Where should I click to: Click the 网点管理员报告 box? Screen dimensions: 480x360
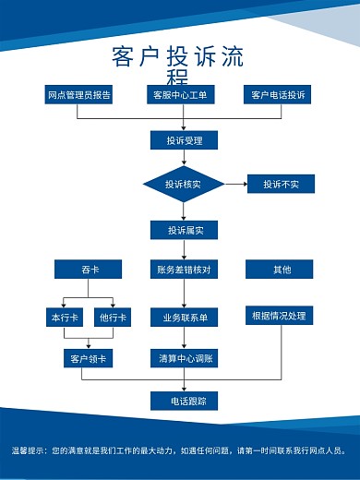click(x=79, y=95)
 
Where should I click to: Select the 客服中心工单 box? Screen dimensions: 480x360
click(x=179, y=95)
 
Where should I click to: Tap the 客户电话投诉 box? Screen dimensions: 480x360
click(x=278, y=95)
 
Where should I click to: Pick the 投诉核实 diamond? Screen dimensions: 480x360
click(x=183, y=185)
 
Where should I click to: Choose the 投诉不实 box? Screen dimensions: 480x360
click(x=281, y=185)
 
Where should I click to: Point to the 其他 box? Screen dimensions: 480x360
click(x=281, y=270)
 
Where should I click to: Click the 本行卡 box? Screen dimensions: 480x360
click(x=63, y=318)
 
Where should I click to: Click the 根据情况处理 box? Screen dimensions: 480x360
click(x=279, y=316)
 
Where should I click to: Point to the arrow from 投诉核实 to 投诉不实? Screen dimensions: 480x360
click(x=235, y=185)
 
